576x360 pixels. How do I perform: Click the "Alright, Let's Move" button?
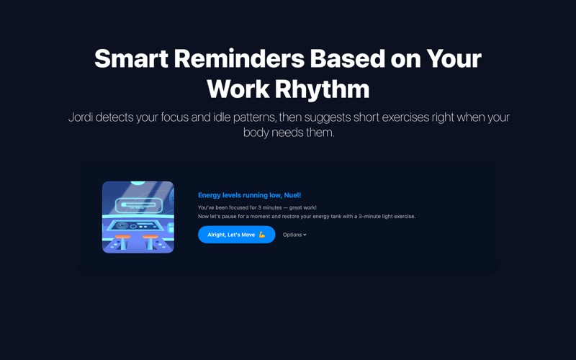237,235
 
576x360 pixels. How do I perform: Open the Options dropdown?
294,235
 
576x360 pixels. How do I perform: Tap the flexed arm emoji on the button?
262,235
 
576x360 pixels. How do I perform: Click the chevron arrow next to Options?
305,235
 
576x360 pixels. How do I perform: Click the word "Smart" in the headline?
131,58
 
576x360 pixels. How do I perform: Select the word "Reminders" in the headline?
239,58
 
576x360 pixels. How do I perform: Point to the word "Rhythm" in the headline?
322,89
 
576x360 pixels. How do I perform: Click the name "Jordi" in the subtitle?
81,117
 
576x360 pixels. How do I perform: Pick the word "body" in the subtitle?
256,132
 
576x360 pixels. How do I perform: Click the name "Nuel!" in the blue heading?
292,195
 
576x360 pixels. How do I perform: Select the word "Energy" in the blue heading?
210,195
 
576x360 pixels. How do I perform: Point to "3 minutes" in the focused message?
269,207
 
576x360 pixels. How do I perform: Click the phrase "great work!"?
302,207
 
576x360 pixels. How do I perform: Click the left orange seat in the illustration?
122,237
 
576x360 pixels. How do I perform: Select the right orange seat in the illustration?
150,237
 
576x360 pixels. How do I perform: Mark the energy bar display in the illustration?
138,205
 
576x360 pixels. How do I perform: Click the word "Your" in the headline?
454,58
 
